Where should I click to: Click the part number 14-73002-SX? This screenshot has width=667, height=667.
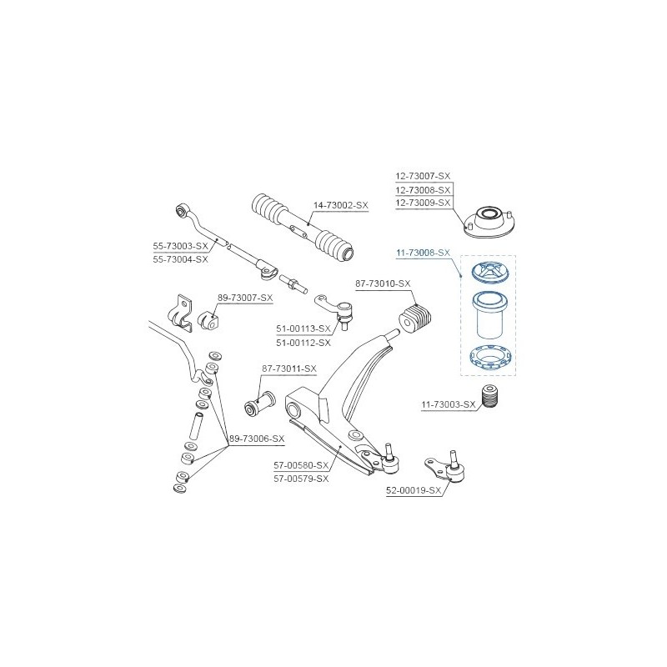[341, 205]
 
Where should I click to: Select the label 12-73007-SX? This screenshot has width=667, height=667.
[423, 176]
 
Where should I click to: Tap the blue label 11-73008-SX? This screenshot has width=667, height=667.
[423, 253]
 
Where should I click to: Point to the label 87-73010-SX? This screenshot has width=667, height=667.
[383, 283]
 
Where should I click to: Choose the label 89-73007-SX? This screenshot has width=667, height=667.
[245, 298]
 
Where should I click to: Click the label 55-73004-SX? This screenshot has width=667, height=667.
[180, 259]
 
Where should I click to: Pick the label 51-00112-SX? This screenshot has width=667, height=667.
[303, 343]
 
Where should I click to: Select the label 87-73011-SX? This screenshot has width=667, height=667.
[289, 369]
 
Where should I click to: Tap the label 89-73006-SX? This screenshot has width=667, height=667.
[257, 439]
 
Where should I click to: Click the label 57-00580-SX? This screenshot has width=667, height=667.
[301, 465]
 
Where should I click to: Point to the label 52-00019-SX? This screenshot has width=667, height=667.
[414, 490]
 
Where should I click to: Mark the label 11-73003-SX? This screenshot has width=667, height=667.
[449, 404]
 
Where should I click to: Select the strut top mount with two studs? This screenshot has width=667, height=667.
[489, 223]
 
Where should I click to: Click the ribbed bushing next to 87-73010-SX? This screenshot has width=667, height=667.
[414, 319]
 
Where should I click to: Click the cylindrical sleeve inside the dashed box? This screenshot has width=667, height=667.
[489, 315]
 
